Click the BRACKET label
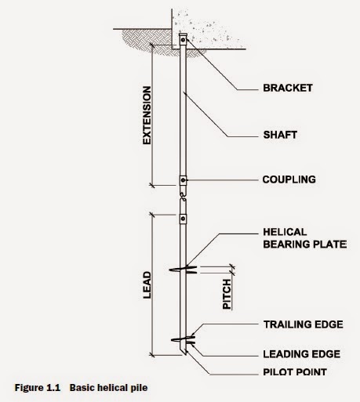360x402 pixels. [x=287, y=89]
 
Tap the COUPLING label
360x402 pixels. [x=289, y=179]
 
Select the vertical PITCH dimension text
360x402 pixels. [x=227, y=293]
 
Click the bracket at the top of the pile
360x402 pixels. [x=184, y=42]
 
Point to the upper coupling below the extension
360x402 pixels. [x=183, y=181]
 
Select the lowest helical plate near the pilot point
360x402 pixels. [x=184, y=339]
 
